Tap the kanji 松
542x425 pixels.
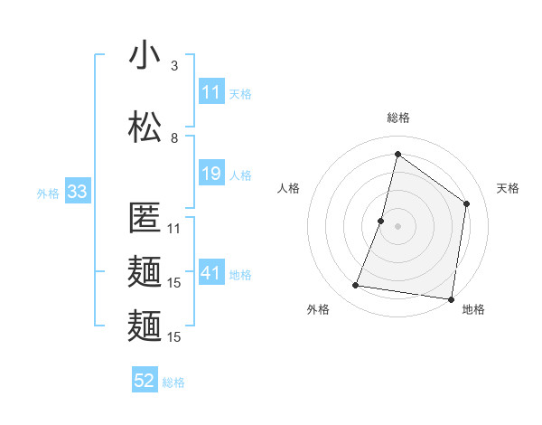[x=145, y=127]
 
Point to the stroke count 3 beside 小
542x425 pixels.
[x=174, y=66]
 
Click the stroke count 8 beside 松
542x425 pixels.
[x=174, y=137]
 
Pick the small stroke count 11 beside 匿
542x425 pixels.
[x=174, y=229]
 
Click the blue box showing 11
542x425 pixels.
[x=211, y=92]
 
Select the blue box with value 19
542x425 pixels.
[x=211, y=175]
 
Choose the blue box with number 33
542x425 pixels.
[x=76, y=192]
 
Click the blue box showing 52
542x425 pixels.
[x=145, y=381]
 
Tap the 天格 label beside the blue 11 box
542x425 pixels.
[x=240, y=93]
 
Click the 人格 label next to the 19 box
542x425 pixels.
[x=240, y=175]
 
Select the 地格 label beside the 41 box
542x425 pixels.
[x=240, y=275]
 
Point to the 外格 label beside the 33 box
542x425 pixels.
[x=48, y=193]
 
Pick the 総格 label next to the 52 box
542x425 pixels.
[x=173, y=382]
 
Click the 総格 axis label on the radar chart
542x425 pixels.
[x=397, y=118]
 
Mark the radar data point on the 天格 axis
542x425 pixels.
[x=467, y=203]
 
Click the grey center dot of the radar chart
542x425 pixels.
[x=397, y=226]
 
